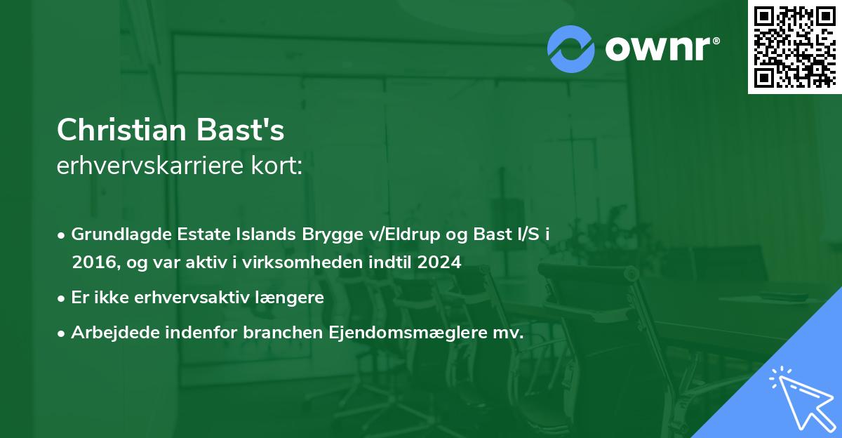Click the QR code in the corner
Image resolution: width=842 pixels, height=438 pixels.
tap(795, 46)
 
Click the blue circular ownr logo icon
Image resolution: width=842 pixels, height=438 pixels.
tap(571, 48)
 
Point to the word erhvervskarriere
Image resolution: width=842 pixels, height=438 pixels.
tap(151, 166)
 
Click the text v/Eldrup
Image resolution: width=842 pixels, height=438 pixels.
tap(392, 234)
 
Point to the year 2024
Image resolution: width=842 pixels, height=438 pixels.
tap(440, 263)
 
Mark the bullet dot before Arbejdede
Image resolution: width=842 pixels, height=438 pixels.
tap(62, 333)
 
